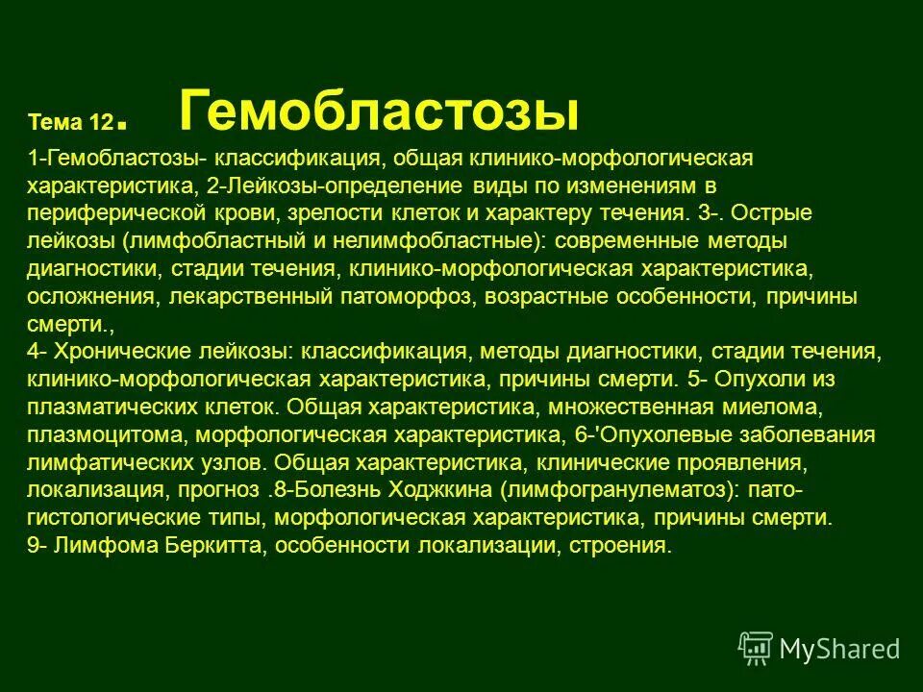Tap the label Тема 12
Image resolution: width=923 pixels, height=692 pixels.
coord(72,122)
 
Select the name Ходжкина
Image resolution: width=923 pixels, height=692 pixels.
coord(442,490)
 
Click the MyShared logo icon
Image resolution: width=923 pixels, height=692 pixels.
coord(756,649)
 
